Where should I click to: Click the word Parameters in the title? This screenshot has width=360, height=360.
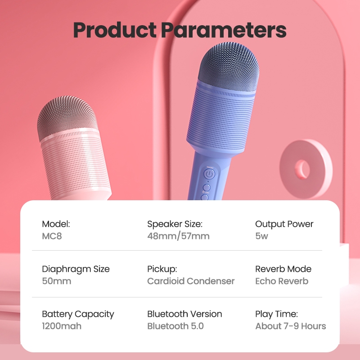224,30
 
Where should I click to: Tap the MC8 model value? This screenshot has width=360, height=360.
52,236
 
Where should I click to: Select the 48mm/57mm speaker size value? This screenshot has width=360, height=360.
178,236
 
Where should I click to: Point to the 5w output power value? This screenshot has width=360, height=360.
261,236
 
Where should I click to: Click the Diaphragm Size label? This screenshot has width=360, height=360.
76,269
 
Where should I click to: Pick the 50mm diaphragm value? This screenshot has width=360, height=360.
56,281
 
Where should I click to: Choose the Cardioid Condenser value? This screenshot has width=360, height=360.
191,281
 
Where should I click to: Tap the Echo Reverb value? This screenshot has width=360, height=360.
282,281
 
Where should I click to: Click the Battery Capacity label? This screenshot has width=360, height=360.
78,314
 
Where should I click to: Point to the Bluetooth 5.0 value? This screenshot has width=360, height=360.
175,326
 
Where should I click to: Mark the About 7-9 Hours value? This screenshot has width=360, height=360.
291,326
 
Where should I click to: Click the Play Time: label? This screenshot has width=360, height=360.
276,314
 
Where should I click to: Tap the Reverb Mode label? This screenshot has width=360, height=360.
283,269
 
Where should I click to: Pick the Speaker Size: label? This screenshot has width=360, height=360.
175,224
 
